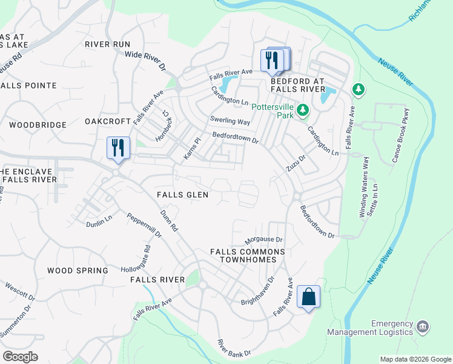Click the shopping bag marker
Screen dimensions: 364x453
(x=308, y=297)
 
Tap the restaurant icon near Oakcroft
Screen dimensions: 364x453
(x=118, y=148)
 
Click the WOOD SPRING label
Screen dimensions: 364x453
(x=78, y=271)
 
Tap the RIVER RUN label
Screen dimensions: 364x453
(x=108, y=44)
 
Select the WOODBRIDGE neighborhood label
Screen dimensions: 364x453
(x=38, y=124)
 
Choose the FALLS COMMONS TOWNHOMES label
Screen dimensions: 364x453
(x=247, y=255)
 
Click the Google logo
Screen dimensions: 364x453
(x=20, y=356)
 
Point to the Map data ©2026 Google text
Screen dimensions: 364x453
(x=415, y=359)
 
